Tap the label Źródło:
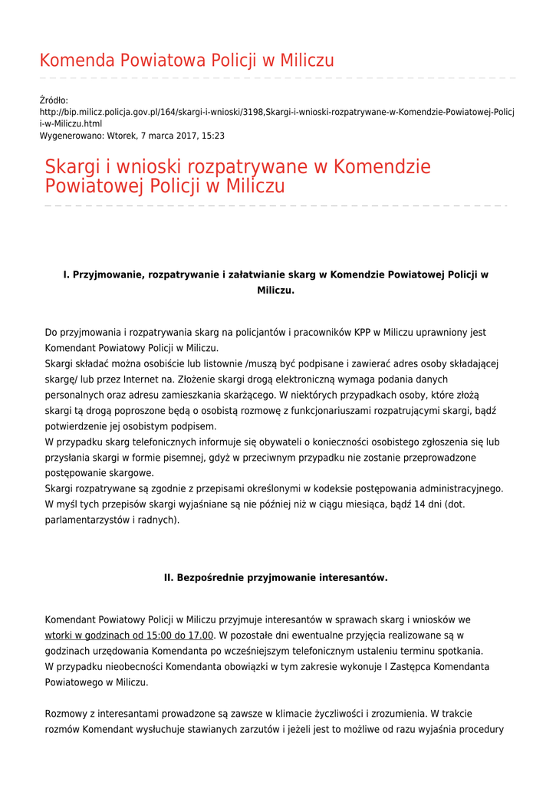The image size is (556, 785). (x=54, y=100)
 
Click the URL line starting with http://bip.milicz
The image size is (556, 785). (x=276, y=112)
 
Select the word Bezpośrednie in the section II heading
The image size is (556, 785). (x=210, y=578)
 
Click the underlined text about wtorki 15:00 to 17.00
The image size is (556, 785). (x=129, y=636)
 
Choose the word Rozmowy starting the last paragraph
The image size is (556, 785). (x=67, y=714)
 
